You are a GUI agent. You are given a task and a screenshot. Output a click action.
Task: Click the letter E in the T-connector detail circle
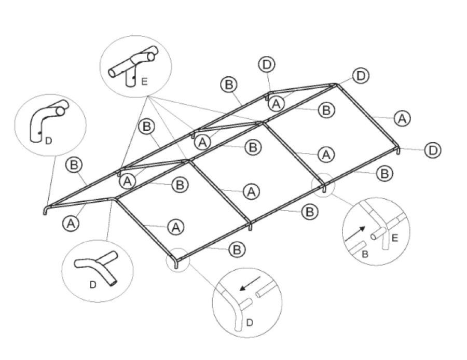144,81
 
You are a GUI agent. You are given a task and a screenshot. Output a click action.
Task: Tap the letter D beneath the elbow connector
48,140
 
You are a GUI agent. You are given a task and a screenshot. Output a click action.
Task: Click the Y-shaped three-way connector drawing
98,267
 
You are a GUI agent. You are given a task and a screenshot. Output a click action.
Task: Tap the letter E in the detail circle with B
395,239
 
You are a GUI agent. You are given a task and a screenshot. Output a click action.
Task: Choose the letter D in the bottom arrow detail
249,323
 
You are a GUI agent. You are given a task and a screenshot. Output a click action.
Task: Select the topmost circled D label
266,65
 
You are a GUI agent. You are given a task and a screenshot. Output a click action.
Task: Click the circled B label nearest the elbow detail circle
74,165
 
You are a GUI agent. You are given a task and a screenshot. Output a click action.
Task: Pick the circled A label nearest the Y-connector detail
71,223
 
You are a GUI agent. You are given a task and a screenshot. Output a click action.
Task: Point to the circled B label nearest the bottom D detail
237,250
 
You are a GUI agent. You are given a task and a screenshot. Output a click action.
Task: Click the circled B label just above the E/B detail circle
384,173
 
